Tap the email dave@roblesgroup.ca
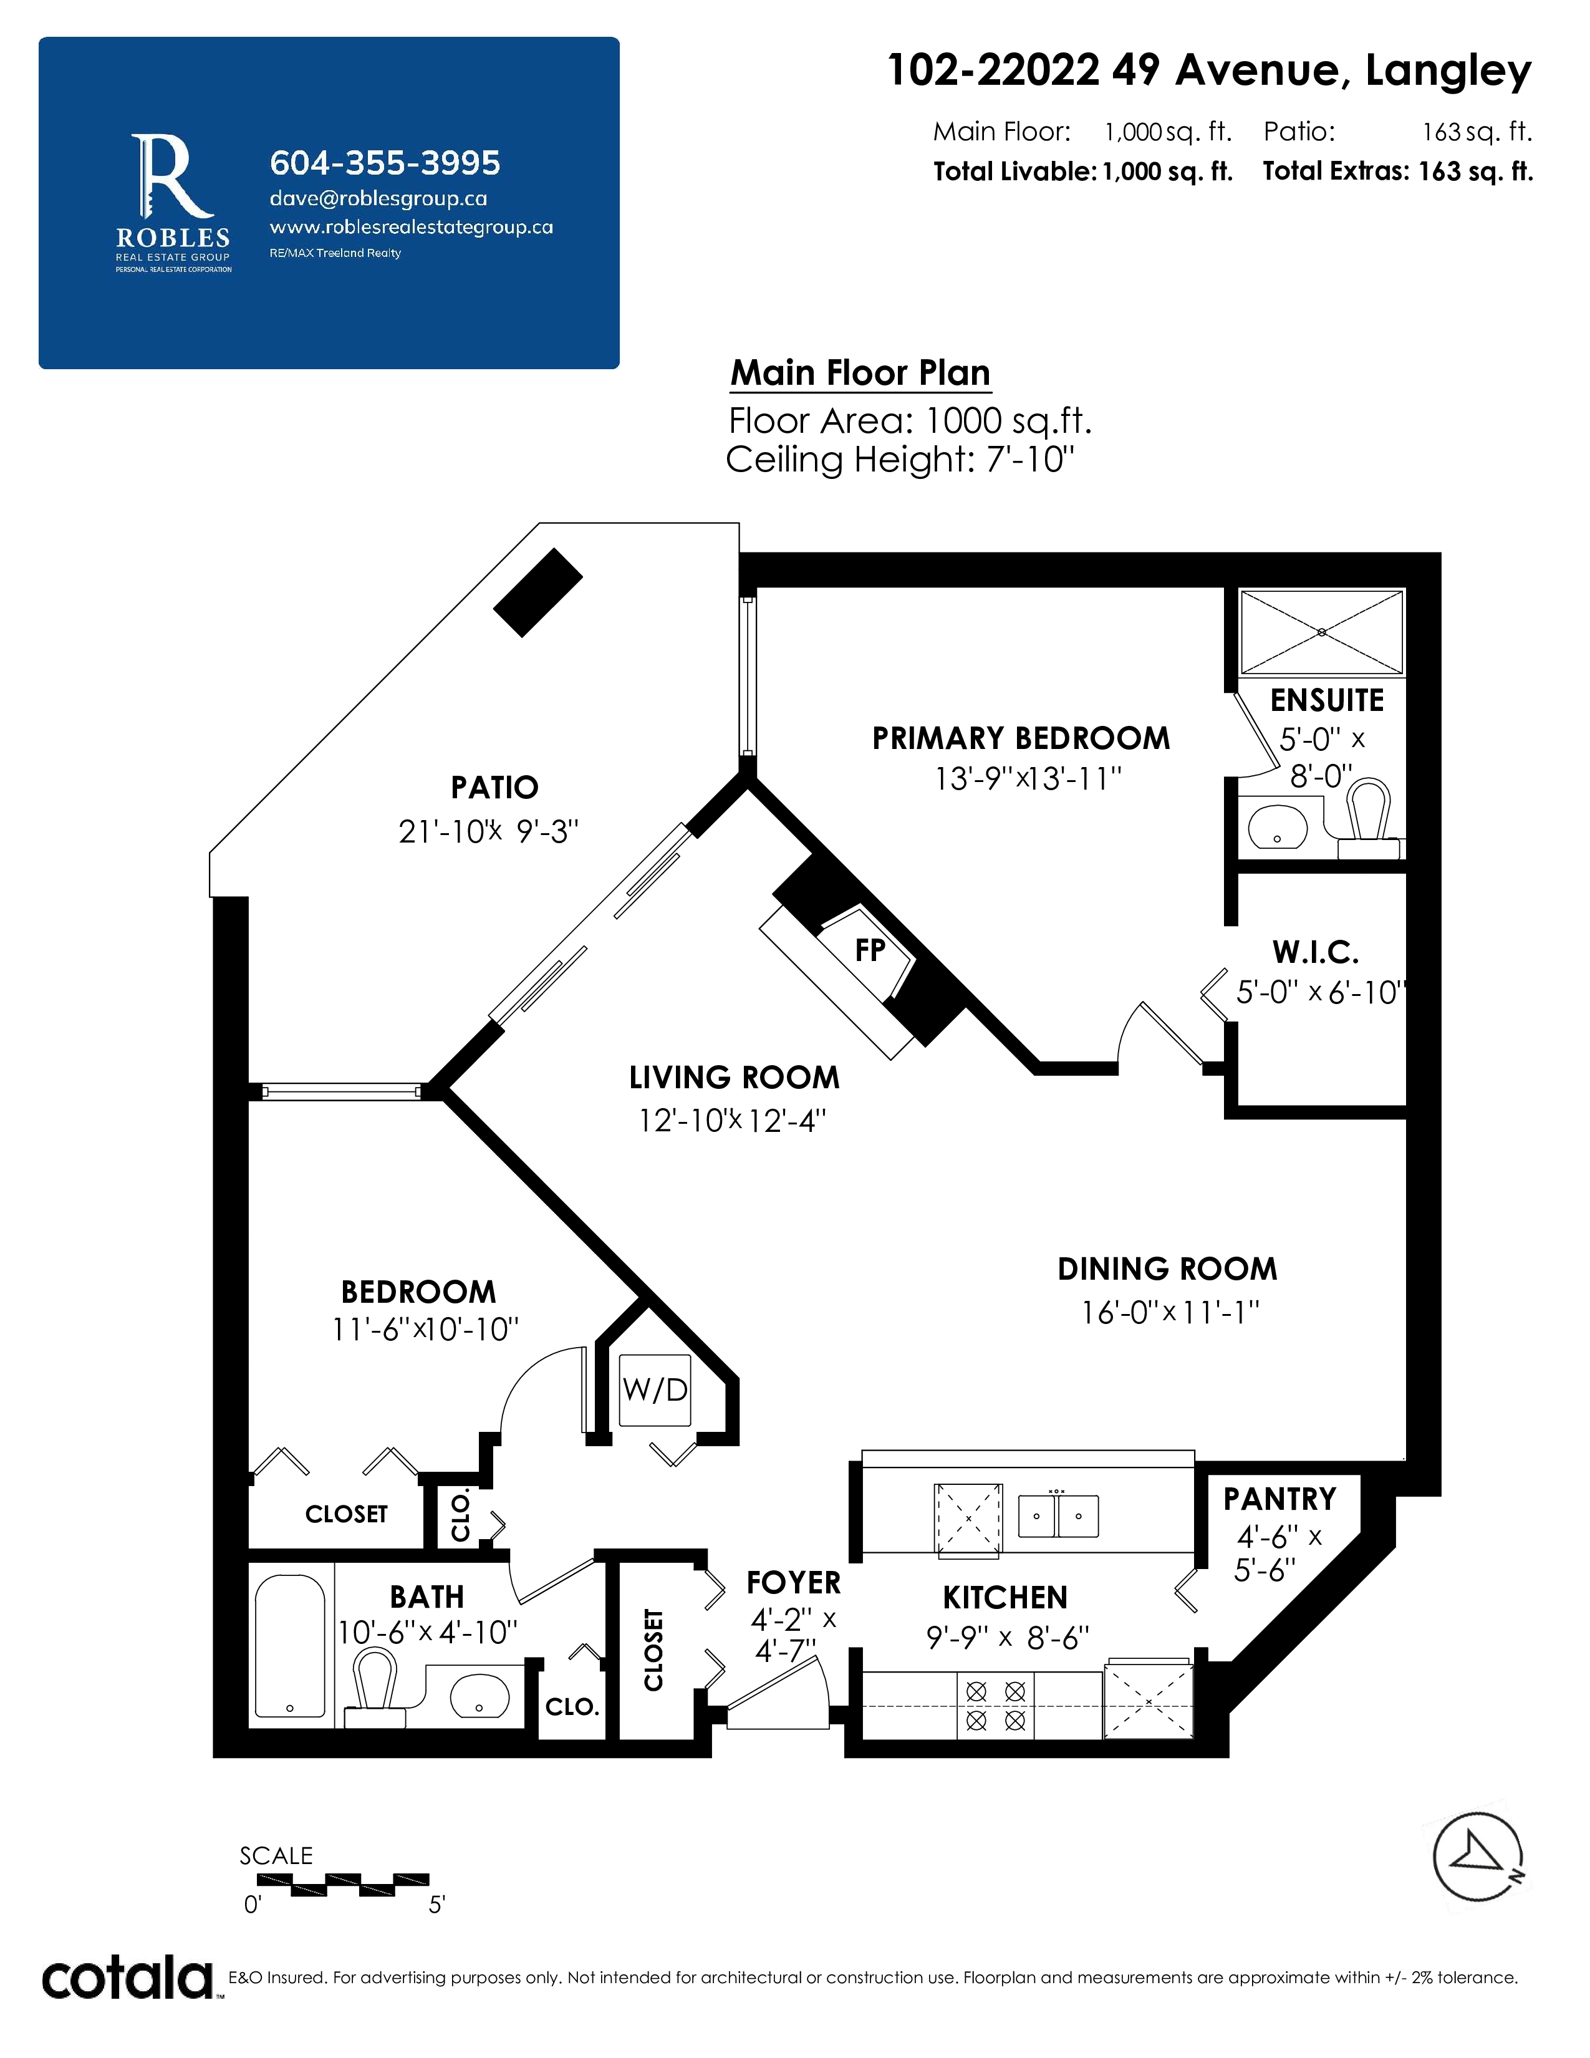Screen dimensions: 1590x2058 [x=378, y=199]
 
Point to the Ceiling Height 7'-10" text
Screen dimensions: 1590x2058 [x=900, y=460]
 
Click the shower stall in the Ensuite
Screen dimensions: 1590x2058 [x=1321, y=632]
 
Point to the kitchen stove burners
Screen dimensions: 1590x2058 [x=996, y=1706]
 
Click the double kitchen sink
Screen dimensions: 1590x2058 [x=1058, y=1516]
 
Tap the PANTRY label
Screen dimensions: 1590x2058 [x=1279, y=1498]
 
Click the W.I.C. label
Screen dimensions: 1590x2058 [x=1316, y=953]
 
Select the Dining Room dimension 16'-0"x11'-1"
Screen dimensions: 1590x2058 [x=1169, y=1312]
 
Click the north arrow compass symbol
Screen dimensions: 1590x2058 [x=1478, y=1857]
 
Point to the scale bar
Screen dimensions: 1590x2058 [x=343, y=1883]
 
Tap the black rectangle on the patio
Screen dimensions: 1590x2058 [x=538, y=592]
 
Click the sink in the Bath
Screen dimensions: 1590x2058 [x=479, y=1696]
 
